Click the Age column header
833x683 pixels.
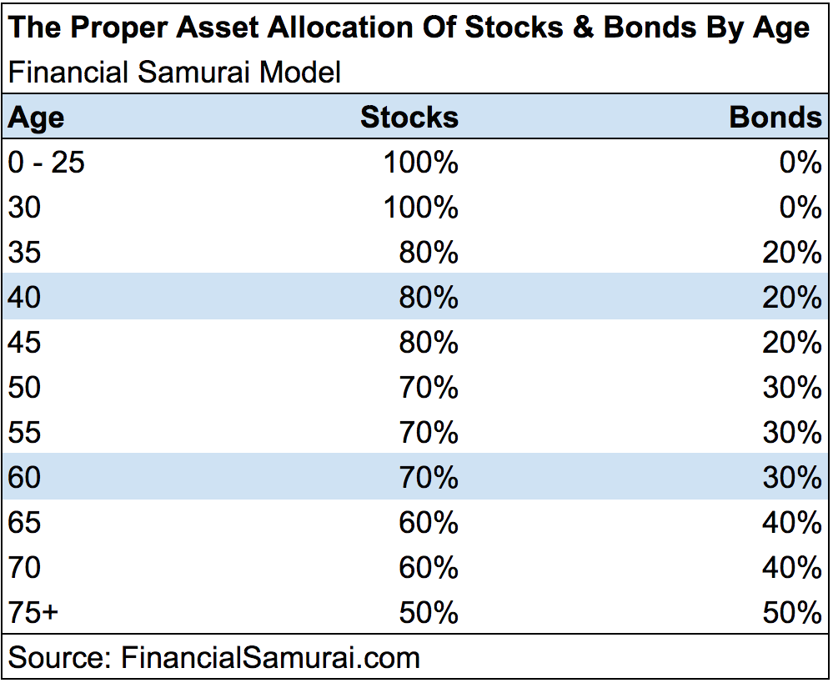point(36,118)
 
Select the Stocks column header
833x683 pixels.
point(409,118)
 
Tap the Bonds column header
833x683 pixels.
point(775,118)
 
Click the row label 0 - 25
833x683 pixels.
point(47,163)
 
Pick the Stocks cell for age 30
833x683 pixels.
point(420,208)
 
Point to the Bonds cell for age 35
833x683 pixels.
point(791,253)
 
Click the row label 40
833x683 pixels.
point(24,298)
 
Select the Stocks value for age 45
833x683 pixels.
point(428,343)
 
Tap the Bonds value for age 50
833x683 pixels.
point(791,388)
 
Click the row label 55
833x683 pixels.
point(24,433)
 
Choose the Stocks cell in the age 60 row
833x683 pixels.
point(428,478)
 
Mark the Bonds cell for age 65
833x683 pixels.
point(791,523)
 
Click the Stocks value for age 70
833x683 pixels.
point(428,568)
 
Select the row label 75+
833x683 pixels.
point(33,613)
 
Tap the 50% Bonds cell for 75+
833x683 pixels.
point(791,613)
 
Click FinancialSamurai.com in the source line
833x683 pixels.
point(271,657)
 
